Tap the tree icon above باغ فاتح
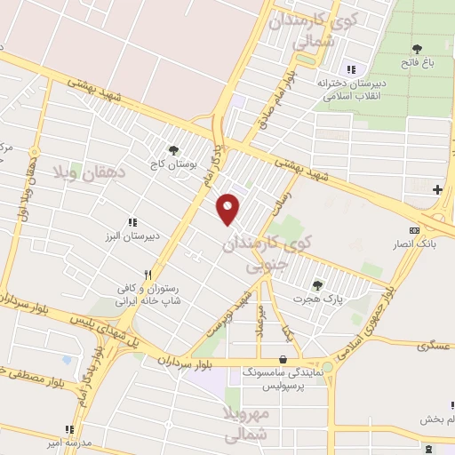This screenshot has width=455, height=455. point(417,48)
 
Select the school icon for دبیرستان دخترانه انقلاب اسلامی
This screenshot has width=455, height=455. point(351,68)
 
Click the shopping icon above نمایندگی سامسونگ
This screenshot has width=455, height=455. point(283,360)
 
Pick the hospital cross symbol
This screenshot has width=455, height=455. point(437,189)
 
